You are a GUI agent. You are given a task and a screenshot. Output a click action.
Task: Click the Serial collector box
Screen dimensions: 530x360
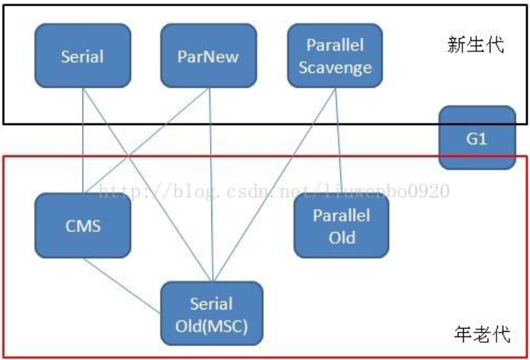83,56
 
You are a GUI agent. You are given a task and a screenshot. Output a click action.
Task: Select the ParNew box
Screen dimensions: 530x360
208,56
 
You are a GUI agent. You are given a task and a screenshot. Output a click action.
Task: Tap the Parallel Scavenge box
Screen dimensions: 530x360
335,56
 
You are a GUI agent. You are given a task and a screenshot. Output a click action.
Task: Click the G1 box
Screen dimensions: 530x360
477,138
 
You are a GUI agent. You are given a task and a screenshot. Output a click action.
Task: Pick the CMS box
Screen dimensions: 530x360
83,225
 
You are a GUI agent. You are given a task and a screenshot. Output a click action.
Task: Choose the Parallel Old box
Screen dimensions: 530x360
342,225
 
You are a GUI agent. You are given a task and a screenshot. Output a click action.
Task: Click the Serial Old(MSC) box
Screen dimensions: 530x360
211,313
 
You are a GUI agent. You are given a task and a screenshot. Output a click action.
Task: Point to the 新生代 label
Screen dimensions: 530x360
476,45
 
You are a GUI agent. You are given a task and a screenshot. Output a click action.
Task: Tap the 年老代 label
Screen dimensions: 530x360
482,334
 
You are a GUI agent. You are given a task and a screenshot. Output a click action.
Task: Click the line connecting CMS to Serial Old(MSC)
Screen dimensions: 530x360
122,286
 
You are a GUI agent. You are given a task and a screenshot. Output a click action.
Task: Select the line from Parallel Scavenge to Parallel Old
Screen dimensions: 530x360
339,141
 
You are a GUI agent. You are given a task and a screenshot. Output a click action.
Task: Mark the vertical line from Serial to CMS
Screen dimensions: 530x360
83,141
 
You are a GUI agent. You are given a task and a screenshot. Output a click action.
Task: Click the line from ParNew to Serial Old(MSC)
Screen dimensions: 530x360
211,184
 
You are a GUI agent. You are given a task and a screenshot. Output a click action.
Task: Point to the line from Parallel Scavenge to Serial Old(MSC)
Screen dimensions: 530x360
275,184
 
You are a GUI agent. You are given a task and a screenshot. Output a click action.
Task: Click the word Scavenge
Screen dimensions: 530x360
335,68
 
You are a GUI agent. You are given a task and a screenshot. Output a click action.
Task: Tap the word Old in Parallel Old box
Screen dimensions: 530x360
342,238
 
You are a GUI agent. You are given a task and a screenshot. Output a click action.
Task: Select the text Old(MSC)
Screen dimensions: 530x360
211,327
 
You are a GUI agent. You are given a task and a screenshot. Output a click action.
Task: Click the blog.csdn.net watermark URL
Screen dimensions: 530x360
274,191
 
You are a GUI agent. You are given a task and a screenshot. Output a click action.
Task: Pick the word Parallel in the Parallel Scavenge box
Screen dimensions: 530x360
335,45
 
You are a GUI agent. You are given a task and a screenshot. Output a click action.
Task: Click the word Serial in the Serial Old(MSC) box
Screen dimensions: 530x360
211,304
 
